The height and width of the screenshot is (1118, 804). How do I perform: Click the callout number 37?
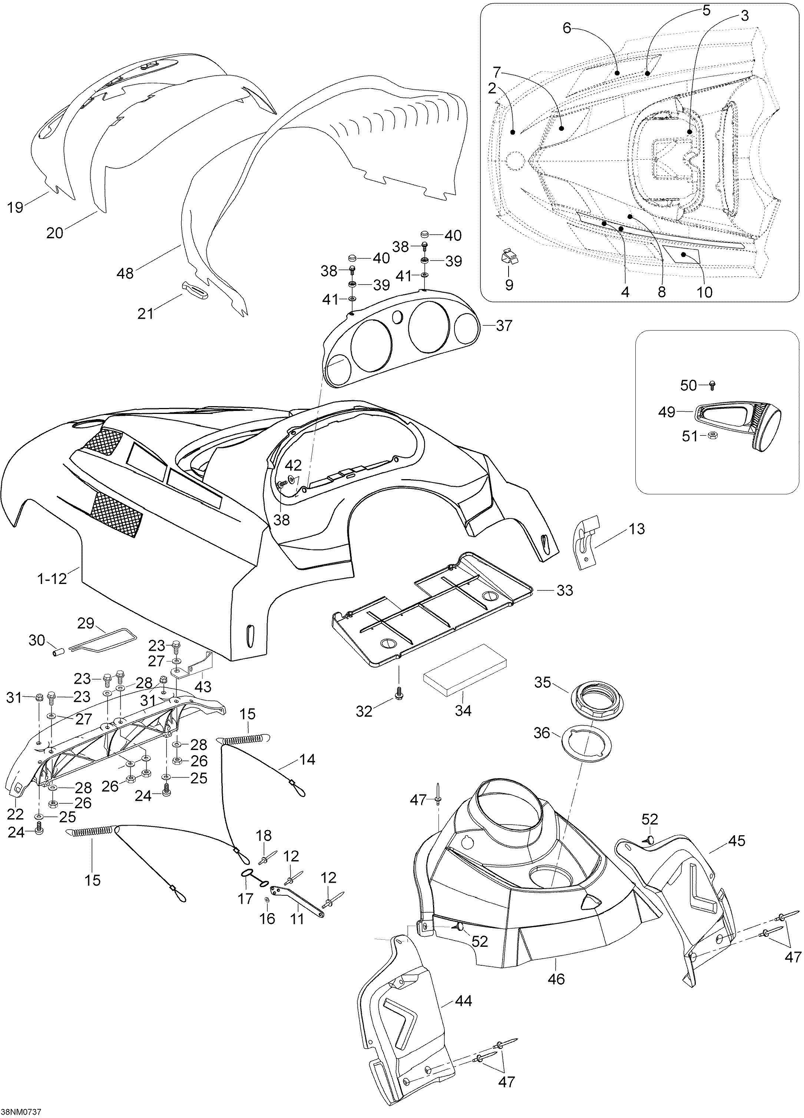click(x=504, y=326)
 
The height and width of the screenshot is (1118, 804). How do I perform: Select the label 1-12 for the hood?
click(x=52, y=579)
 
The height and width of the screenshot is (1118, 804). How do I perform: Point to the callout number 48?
click(x=125, y=273)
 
